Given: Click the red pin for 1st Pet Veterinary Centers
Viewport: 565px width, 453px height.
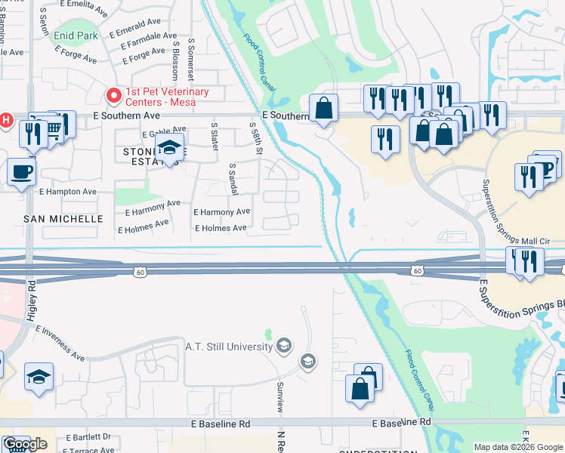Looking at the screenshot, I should pos(114,95).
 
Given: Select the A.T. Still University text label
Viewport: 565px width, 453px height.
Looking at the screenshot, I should pos(228,347).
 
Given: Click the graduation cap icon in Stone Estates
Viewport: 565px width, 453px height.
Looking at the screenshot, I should pos(170,149).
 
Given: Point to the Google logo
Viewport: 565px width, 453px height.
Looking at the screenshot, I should pos(25,445).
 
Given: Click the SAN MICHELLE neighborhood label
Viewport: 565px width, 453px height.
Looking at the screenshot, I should pos(63,218).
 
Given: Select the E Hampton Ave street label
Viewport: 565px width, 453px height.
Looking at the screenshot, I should pos(69,192).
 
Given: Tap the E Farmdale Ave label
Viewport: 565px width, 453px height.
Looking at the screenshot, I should pos(144,42).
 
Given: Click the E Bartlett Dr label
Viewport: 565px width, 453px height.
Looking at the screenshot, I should pos(88,436).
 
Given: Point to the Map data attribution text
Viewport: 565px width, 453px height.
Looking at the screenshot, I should pos(518,447).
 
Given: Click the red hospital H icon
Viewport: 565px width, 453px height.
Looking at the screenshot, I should pos(6,119).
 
